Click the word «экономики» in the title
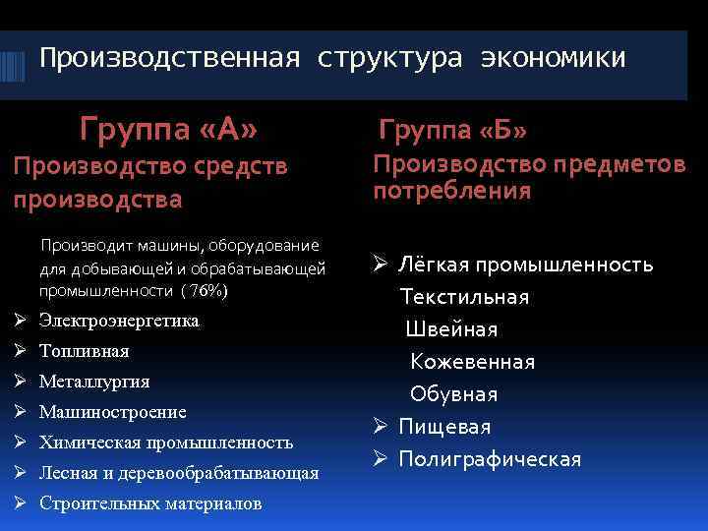pyautogui.click(x=553, y=59)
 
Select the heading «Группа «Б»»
pyautogui.click(x=453, y=129)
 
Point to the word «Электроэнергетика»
pyautogui.click(x=119, y=322)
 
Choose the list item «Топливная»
pyautogui.click(x=85, y=351)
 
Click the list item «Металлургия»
pyautogui.click(x=94, y=382)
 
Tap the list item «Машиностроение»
pyautogui.click(x=113, y=412)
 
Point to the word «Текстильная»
pyautogui.click(x=464, y=297)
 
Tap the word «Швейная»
pyautogui.click(x=452, y=329)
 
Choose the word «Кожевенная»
pyautogui.click(x=473, y=362)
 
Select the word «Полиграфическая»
pyautogui.click(x=490, y=459)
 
